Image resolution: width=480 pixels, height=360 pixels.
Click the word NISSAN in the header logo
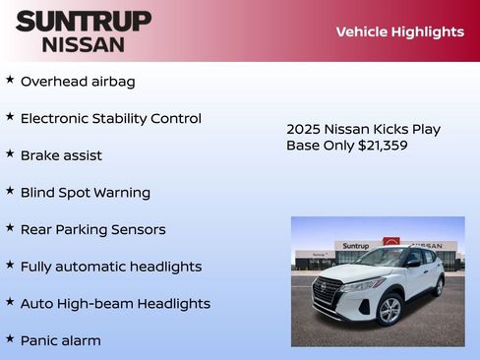tap(84, 44)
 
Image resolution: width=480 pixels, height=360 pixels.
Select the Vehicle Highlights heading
tap(399, 31)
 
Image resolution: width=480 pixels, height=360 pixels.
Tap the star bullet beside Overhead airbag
tap(10, 80)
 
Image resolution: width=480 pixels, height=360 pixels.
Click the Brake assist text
tap(61, 155)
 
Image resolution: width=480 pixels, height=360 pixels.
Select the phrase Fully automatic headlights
tap(110, 267)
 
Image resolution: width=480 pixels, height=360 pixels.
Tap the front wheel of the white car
tap(390, 309)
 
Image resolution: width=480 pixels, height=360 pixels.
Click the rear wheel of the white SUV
tap(438, 286)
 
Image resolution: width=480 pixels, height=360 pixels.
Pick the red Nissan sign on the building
tap(391, 243)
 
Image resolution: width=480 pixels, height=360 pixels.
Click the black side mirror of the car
tap(412, 263)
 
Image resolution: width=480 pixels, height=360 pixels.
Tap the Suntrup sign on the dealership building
tap(356, 245)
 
